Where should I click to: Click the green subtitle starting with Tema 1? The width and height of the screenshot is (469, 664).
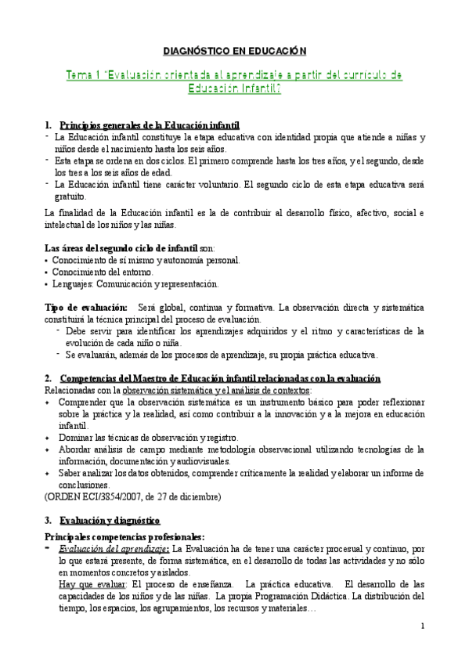pos(234,81)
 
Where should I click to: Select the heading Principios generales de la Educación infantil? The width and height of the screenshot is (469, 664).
pos(150,126)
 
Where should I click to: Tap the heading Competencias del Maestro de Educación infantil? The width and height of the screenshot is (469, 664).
pos(219,378)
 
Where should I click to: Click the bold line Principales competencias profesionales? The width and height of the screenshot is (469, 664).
pos(125,536)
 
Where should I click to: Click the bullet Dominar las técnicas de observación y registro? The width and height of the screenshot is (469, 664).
pos(149,437)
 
